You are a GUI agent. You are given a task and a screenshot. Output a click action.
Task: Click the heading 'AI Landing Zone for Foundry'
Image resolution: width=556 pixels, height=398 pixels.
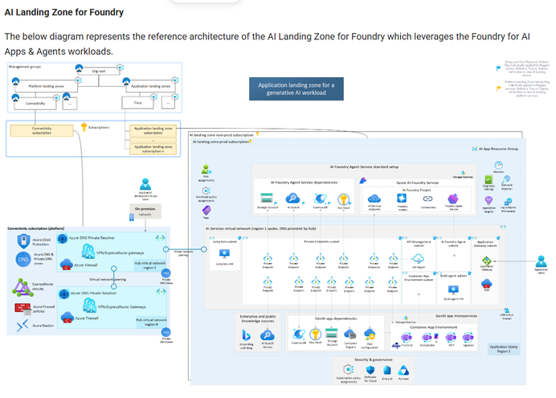coord(64,12)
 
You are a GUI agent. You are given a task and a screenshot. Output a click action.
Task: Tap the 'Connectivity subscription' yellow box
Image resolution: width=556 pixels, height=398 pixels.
coord(42,130)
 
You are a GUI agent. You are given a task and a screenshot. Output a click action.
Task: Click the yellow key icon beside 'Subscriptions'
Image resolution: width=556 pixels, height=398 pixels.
coord(83,126)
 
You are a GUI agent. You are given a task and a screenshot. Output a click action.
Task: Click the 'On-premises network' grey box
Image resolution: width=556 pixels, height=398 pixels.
coord(145,212)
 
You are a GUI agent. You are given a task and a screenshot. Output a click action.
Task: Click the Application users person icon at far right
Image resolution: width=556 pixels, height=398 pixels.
coord(541,261)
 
